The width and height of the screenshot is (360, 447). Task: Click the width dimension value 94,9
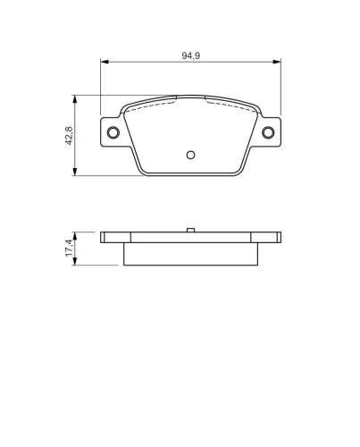189,55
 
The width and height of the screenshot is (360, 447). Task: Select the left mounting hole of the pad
113,134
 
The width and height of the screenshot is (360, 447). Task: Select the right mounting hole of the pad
266,134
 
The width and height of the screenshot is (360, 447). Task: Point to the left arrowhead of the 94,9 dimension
104,63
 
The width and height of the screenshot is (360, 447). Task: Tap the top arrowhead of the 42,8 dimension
75,97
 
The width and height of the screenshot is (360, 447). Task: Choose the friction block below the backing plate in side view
189,254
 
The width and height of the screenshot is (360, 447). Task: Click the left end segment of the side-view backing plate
112,238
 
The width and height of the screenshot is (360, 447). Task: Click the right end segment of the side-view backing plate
267,238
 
